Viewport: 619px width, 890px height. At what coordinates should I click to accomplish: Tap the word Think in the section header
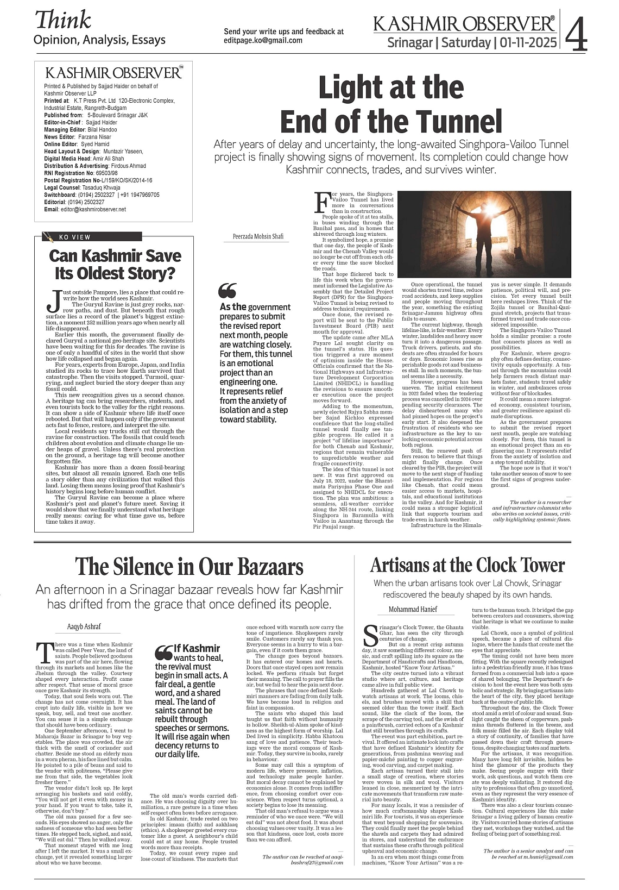(x=63, y=20)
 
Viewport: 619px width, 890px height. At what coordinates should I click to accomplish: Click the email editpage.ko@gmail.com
(x=263, y=40)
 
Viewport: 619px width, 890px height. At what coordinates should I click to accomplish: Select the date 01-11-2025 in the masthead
(x=529, y=42)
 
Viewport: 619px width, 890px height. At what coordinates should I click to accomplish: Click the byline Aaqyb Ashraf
(x=84, y=626)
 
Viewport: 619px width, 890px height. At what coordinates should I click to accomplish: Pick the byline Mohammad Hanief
(x=413, y=609)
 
